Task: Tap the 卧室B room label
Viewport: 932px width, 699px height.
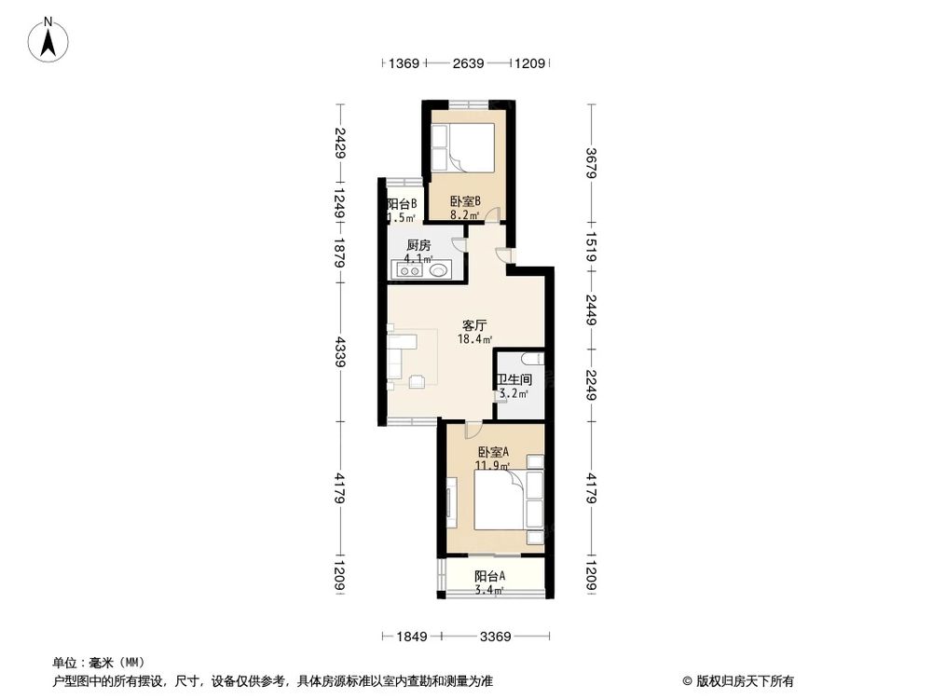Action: [464, 201]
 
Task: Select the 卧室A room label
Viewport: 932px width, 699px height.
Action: [493, 452]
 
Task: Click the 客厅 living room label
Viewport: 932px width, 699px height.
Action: [474, 326]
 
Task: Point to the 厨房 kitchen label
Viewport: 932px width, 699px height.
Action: [418, 246]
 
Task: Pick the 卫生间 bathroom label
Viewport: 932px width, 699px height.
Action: [514, 380]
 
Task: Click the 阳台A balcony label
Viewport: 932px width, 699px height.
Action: [489, 576]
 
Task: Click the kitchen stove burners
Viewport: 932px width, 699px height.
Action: [410, 271]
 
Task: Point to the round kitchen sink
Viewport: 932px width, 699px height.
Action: [440, 271]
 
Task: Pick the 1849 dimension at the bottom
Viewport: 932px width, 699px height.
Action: [411, 637]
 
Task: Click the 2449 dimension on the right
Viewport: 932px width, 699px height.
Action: [590, 308]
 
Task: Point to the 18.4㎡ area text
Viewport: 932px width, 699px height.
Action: [474, 340]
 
